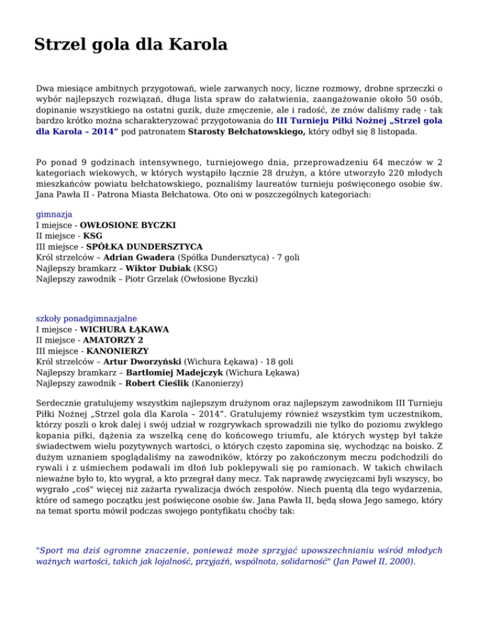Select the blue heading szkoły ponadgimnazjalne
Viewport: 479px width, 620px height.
pyautogui.click(x=86, y=317)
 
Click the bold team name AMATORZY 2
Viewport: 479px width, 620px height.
pyautogui.click(x=113, y=340)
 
